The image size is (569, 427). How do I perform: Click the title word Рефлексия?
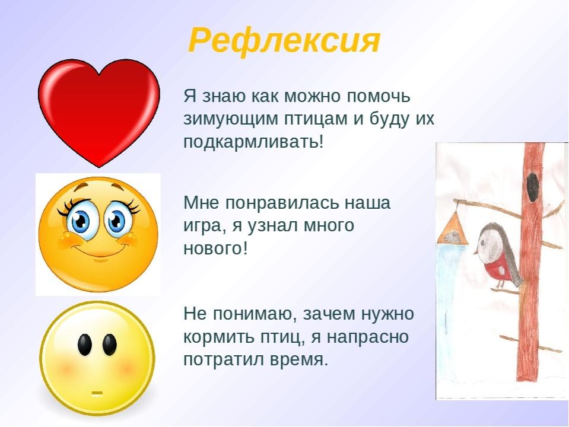[x=284, y=40]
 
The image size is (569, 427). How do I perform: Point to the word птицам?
[x=315, y=119]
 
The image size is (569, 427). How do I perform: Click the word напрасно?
[x=368, y=337]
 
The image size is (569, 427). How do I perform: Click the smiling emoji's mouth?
[x=98, y=250]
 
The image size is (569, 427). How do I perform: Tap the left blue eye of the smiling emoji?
[x=80, y=220]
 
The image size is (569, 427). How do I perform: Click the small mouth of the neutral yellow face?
[x=97, y=393]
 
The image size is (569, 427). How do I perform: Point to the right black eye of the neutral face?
[x=110, y=345]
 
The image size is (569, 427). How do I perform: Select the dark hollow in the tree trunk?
[x=532, y=187]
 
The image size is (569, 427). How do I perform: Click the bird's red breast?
[x=495, y=269]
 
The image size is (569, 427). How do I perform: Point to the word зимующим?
[x=230, y=119]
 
